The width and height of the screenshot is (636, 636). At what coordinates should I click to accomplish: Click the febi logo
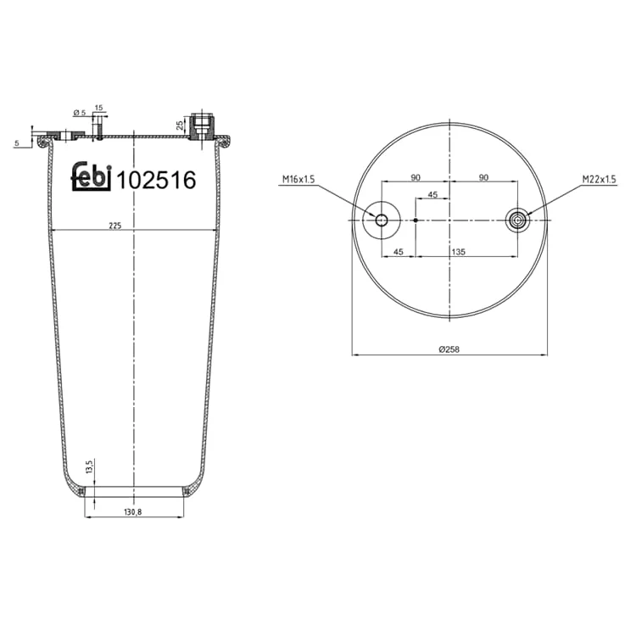[x=92, y=177]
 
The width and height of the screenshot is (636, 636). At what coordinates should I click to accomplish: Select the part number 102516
[x=157, y=180]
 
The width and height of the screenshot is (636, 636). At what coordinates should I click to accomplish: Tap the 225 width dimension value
[x=115, y=226]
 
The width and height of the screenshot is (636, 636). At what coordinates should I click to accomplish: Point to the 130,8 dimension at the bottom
[x=132, y=512]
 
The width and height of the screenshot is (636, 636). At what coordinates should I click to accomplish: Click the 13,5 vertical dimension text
[x=90, y=466]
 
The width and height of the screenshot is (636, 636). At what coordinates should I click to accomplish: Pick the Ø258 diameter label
[x=449, y=349]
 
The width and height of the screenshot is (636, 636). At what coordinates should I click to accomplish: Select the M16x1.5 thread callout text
[x=298, y=179]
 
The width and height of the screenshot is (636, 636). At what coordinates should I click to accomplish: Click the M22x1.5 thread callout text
[x=599, y=179]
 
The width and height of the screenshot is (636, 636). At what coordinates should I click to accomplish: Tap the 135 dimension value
[x=458, y=252]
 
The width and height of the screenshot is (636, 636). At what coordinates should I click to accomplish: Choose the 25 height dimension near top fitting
[x=180, y=125]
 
